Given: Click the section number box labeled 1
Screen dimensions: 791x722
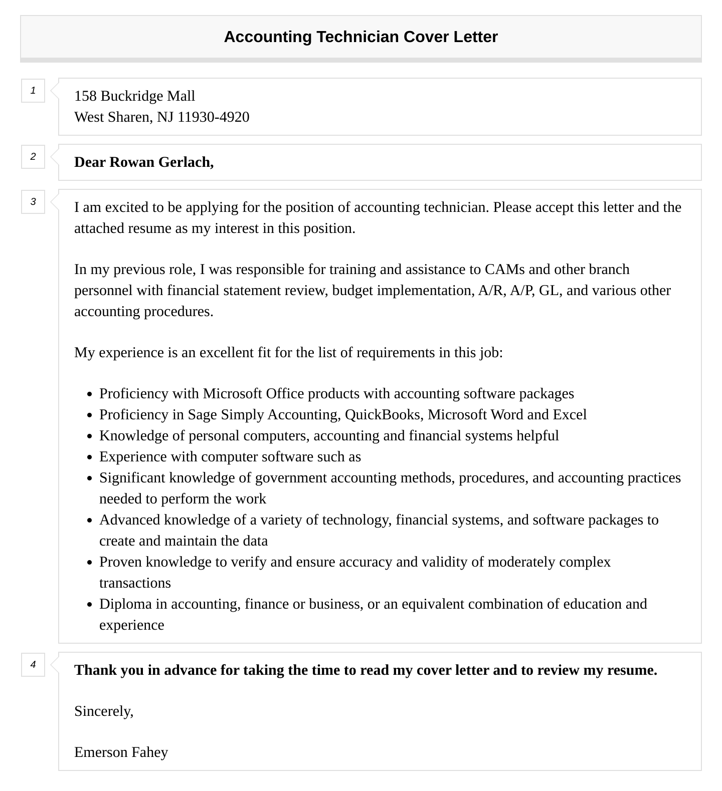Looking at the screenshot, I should coord(33,91).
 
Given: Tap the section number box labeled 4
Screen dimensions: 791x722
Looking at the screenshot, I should coord(33,665).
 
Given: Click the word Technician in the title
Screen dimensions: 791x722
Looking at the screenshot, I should coord(357,37).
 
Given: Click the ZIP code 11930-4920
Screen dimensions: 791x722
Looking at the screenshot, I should coord(213,117).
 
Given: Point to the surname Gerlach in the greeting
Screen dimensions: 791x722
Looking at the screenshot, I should coord(186,162).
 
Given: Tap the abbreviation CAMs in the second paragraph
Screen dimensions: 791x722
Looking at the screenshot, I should coord(504,270).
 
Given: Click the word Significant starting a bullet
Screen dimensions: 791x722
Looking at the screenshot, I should coord(132,478).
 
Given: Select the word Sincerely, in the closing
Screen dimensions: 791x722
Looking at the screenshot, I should coord(104,711).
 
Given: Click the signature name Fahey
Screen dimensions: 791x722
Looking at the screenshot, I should coord(149,752).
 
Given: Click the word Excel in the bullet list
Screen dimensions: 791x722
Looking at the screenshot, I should coord(570,415).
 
